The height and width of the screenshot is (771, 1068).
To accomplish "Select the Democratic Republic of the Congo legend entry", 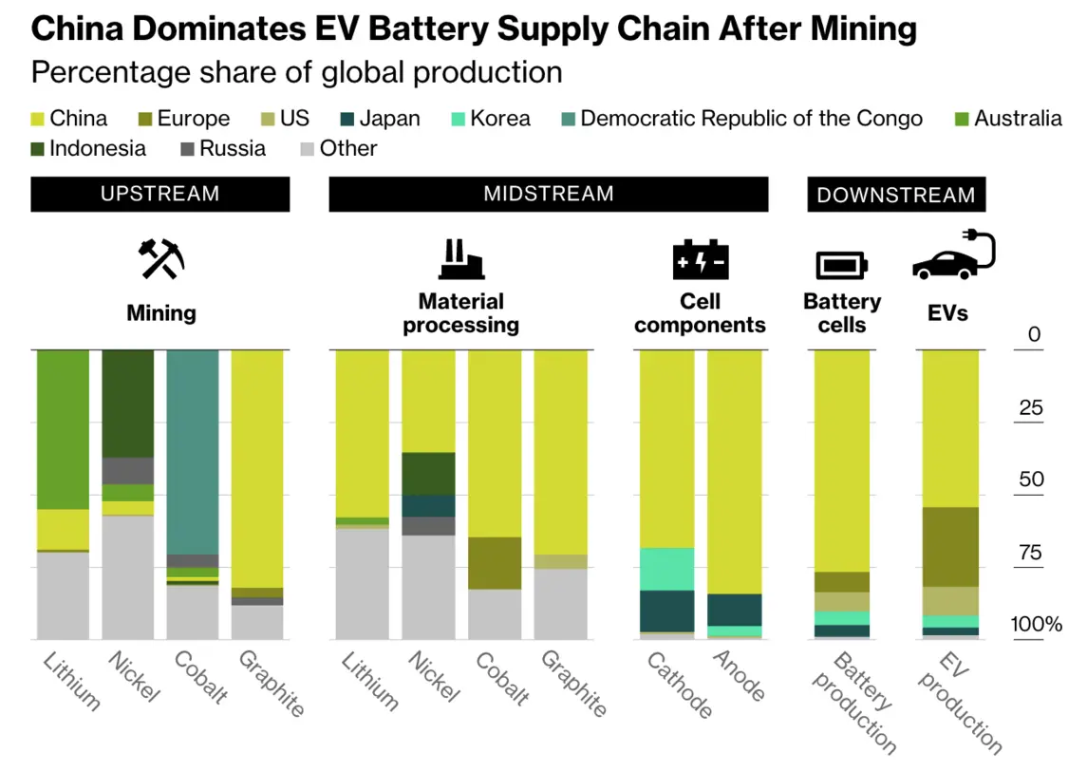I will pyautogui.click(x=750, y=119).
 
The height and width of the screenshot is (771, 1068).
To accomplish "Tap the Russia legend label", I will pyautogui.click(x=233, y=149).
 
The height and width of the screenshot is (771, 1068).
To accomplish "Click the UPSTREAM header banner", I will pyautogui.click(x=159, y=194).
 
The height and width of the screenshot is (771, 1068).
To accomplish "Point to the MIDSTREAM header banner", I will pyautogui.click(x=548, y=194).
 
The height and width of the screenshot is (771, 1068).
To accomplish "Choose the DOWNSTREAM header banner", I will pyautogui.click(x=896, y=195).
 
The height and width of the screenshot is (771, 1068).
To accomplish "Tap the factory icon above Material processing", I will pyautogui.click(x=460, y=259).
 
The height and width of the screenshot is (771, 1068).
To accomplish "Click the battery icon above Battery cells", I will pyautogui.click(x=841, y=265).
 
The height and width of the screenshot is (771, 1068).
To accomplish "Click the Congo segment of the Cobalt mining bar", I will pyautogui.click(x=193, y=451).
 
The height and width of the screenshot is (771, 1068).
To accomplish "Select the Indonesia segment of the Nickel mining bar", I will pyautogui.click(x=128, y=404).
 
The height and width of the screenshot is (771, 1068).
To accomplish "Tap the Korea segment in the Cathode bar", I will pyautogui.click(x=665, y=569).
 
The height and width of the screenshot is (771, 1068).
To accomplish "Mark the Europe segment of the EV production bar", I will pyautogui.click(x=950, y=547).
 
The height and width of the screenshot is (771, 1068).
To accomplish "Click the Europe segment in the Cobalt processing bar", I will pyautogui.click(x=495, y=563).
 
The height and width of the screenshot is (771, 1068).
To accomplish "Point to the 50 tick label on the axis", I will pyautogui.click(x=1031, y=480).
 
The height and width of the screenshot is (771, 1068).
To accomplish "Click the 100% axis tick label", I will pyautogui.click(x=1036, y=625).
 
